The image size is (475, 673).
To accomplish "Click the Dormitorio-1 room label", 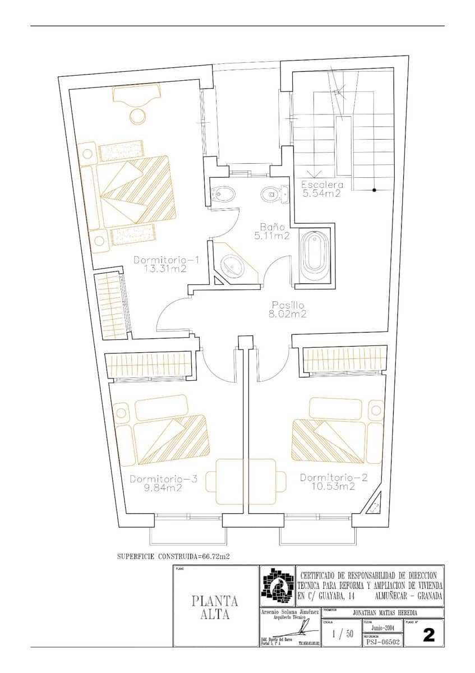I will coord(167,260).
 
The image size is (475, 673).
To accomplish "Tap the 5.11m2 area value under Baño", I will coord(271,236).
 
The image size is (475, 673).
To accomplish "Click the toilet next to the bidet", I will coord(273,194).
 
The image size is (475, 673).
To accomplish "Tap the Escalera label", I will coord(322,185).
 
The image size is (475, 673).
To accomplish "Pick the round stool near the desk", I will coord(137,116).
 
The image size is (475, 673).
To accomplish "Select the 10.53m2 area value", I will coord(334,486).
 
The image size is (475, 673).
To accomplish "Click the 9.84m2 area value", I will coord(163,488).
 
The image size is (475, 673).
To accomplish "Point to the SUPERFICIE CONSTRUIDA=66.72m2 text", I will coord(173,557).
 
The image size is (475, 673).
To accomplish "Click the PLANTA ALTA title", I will coord(215,607).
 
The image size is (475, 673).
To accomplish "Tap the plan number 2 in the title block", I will coord(429,635).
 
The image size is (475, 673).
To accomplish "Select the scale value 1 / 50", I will coord(342,634).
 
